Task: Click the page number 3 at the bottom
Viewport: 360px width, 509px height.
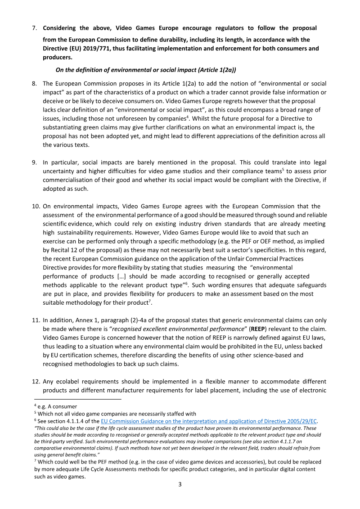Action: (x=180, y=485)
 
